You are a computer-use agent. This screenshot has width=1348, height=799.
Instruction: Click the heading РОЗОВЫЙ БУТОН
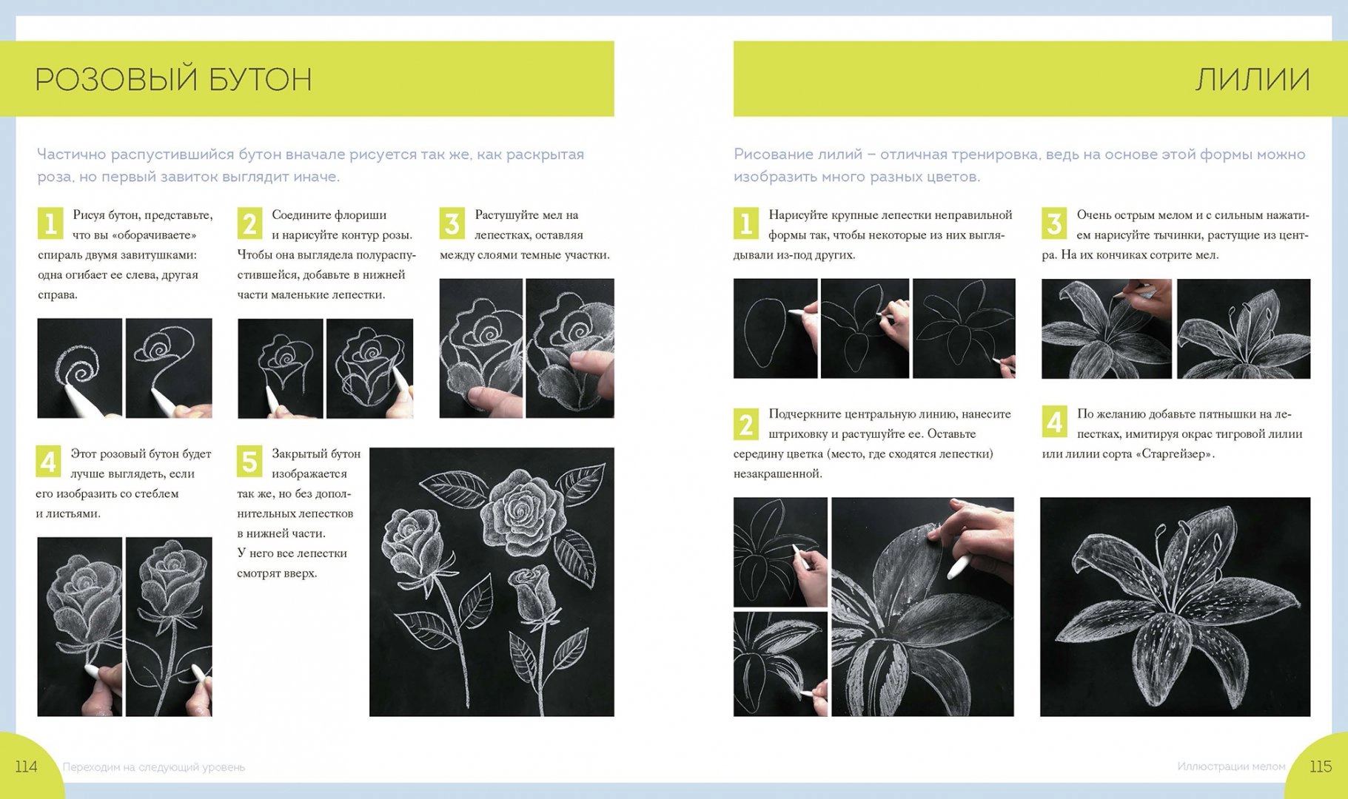coord(173,79)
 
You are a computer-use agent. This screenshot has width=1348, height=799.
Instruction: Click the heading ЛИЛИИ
coord(1253,79)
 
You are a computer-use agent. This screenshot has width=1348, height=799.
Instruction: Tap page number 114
coord(26,766)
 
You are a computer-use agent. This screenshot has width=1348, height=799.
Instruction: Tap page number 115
coord(1321,766)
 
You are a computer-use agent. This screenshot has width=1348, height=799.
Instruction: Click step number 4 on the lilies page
coord(1054,421)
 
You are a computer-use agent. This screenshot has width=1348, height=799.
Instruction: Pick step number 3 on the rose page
coord(452,223)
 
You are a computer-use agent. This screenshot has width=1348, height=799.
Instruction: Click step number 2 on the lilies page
coord(746,424)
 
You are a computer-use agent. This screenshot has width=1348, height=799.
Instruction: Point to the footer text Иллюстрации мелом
coord(1231,766)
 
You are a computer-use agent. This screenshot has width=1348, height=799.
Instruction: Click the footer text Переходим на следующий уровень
coord(154,767)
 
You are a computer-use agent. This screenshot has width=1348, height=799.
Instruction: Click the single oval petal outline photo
coord(776,328)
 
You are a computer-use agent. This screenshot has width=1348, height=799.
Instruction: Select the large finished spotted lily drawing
coord(1175,607)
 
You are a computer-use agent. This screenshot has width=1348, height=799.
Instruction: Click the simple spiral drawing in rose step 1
coord(80,368)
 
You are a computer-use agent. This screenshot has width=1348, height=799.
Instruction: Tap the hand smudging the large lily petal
coord(977,540)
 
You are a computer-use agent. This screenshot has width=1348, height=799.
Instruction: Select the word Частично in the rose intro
coord(71,155)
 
